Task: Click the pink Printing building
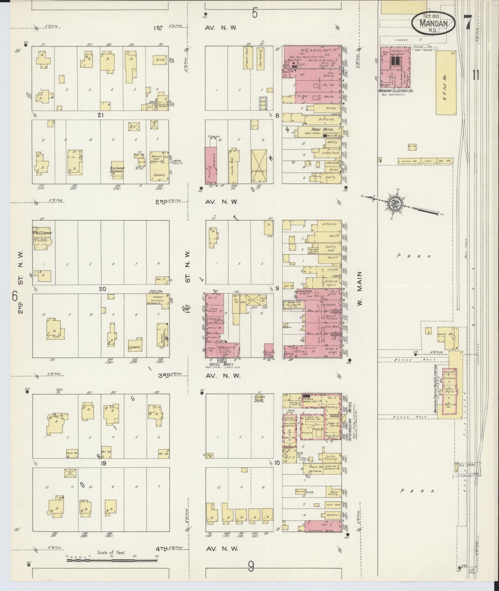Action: tap(211, 166)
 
